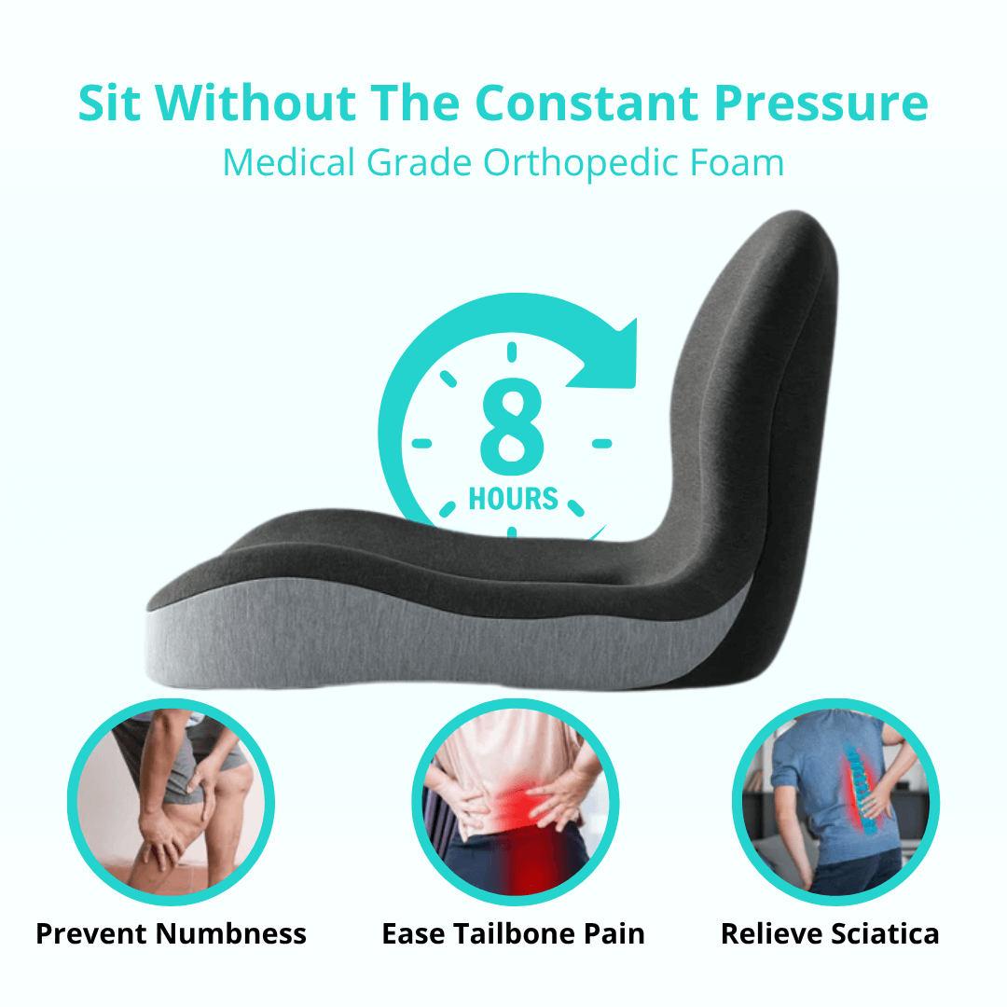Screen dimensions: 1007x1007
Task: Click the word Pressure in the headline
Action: (x=821, y=104)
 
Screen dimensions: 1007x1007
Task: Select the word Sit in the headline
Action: (x=110, y=104)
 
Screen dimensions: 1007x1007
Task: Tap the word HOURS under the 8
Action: (x=513, y=499)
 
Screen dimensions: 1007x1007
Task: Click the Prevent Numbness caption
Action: (x=171, y=933)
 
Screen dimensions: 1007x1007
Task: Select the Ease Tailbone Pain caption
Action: (x=513, y=933)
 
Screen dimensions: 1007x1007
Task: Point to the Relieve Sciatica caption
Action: (x=830, y=933)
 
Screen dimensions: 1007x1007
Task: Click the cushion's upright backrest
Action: (x=755, y=392)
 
